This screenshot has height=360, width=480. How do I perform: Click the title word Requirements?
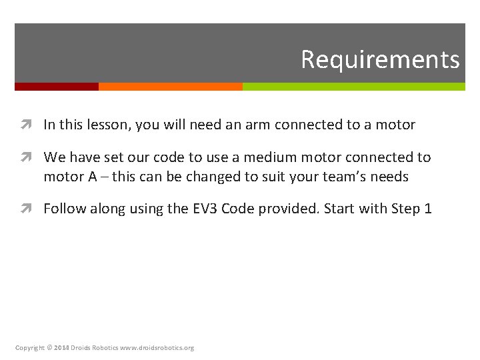tap(380, 59)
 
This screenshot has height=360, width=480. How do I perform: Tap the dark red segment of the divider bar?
tap(57, 87)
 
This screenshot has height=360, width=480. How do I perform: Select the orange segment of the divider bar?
tap(171, 87)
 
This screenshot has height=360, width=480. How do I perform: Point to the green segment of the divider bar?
tap(353, 87)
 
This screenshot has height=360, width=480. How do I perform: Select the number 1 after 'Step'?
tap(428, 209)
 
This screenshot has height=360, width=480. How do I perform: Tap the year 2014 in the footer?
tap(61, 348)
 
